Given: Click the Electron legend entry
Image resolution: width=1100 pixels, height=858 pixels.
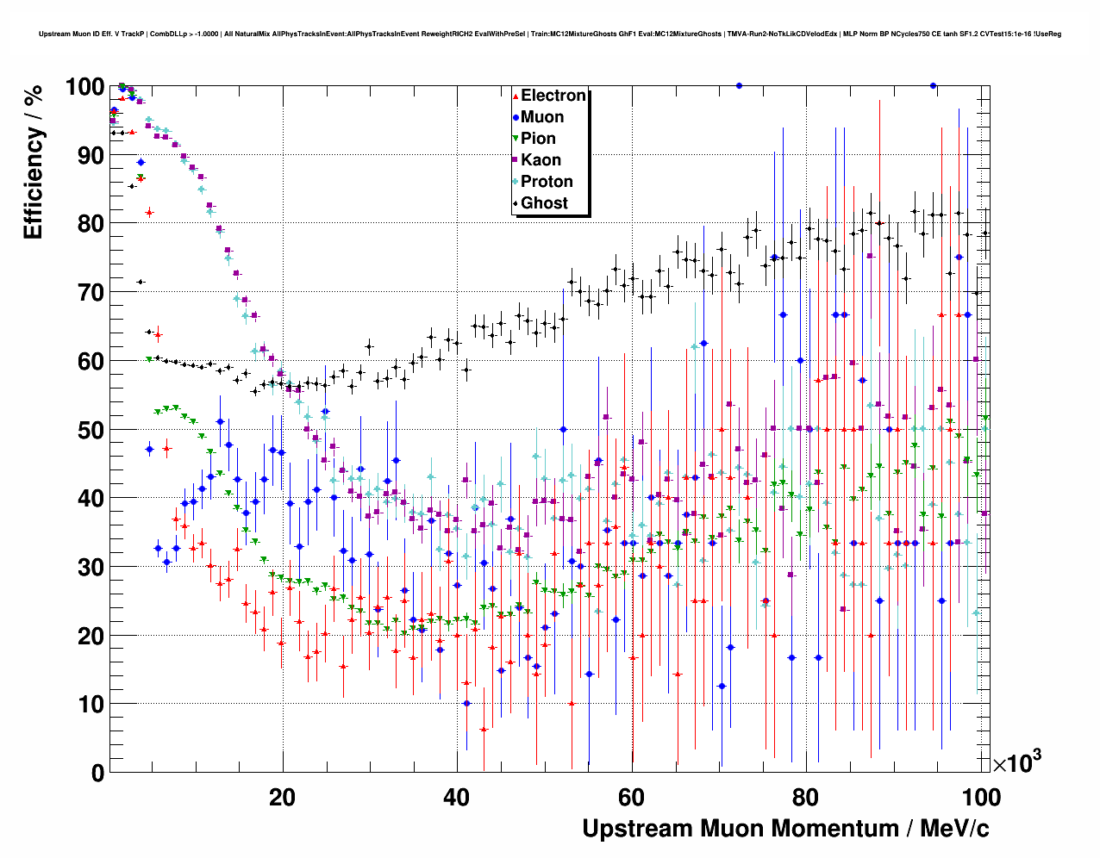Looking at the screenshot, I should (x=553, y=96).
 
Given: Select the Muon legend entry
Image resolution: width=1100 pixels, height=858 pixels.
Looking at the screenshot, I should (x=541, y=117).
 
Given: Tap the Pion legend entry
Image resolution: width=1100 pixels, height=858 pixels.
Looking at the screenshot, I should (x=538, y=139).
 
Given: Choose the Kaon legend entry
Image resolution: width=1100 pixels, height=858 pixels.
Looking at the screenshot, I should (x=541, y=160).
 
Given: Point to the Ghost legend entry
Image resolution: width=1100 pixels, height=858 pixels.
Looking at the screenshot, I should (x=544, y=203).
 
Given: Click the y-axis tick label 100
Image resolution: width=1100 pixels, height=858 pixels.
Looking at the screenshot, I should (x=84, y=87).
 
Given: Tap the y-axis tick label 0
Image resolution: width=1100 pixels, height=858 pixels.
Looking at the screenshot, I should (x=97, y=773).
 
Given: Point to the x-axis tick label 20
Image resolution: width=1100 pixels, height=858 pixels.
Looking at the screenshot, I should (x=282, y=797).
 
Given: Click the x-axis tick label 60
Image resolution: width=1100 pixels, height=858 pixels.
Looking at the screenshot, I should (x=632, y=797).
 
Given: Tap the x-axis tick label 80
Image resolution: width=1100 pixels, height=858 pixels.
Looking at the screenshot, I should (x=807, y=797).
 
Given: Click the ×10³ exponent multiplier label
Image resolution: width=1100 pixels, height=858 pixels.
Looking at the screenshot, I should (x=1016, y=762).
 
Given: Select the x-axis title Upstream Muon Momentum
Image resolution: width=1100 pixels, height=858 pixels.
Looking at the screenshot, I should (x=785, y=829).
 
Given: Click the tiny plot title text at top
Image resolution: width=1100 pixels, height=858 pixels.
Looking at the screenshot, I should (x=550, y=34).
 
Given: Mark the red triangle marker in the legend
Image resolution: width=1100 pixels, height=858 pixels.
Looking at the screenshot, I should (x=516, y=96).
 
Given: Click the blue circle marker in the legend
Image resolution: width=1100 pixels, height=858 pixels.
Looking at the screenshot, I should (x=516, y=117).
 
